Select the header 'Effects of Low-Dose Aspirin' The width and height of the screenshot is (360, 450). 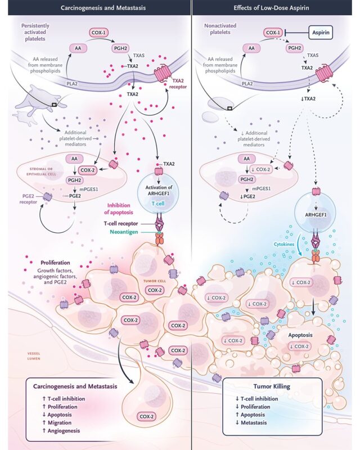tap(269, 8)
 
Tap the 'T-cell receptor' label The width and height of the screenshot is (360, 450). tap(121, 223)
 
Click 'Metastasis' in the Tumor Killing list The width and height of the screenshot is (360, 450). tap(254, 422)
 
